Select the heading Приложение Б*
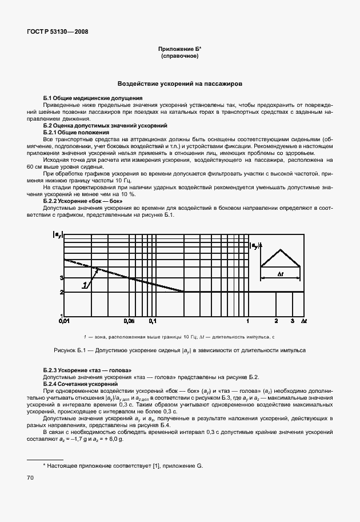click(x=180, y=50)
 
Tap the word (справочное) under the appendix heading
click(x=180, y=57)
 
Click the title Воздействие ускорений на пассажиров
click(x=180, y=83)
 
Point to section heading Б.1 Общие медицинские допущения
click(x=93, y=98)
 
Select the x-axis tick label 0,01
click(x=63, y=322)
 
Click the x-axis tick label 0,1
click(x=153, y=322)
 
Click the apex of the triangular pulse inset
click(x=280, y=249)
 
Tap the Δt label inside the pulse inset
click(x=281, y=274)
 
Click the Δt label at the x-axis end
click(x=303, y=322)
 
